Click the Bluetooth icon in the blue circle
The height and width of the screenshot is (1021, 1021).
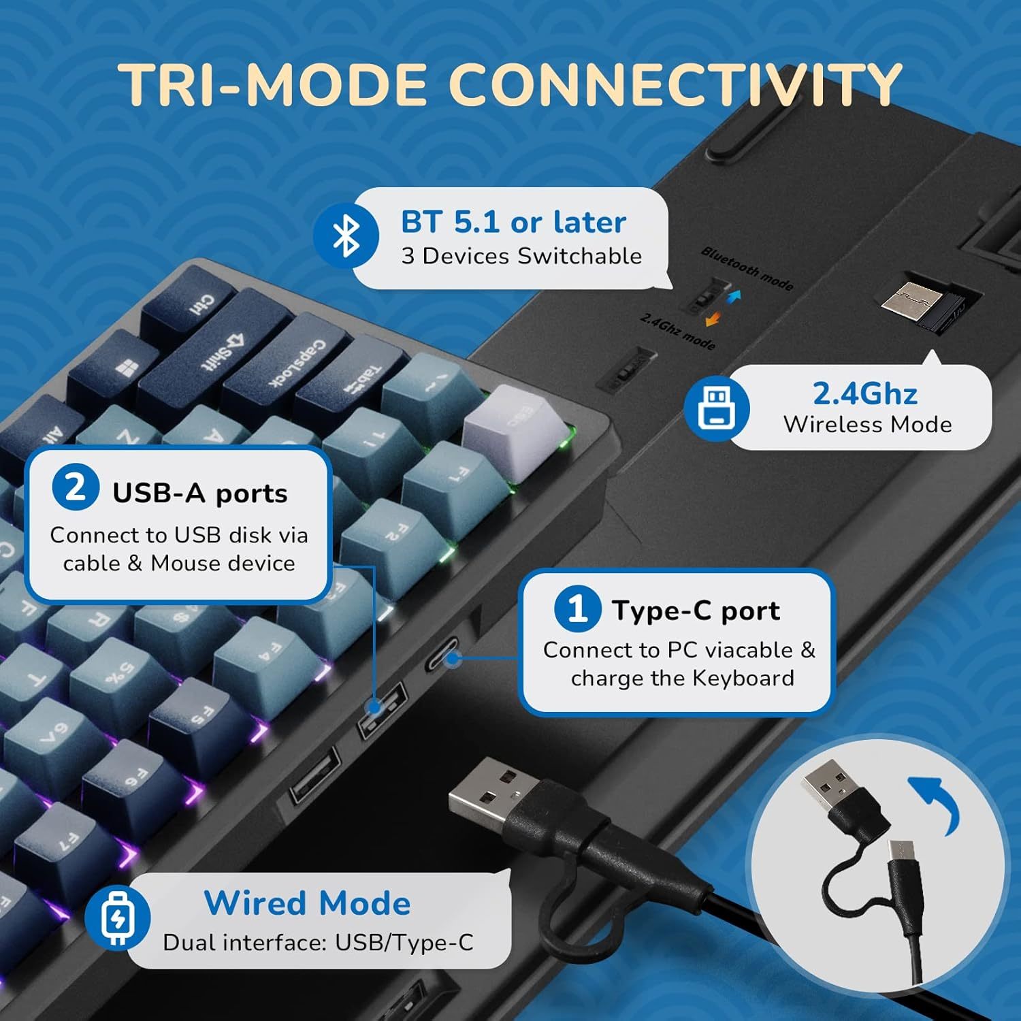[x=346, y=236]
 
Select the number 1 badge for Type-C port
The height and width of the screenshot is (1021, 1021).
[x=577, y=608]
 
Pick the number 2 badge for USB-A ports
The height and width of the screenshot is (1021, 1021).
[x=76, y=488]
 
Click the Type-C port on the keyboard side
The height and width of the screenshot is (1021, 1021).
[x=444, y=658]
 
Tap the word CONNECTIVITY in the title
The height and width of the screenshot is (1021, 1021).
[x=674, y=84]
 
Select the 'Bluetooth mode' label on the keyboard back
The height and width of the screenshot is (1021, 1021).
[x=747, y=268]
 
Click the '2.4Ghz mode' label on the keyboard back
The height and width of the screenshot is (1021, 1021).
[x=678, y=331]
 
